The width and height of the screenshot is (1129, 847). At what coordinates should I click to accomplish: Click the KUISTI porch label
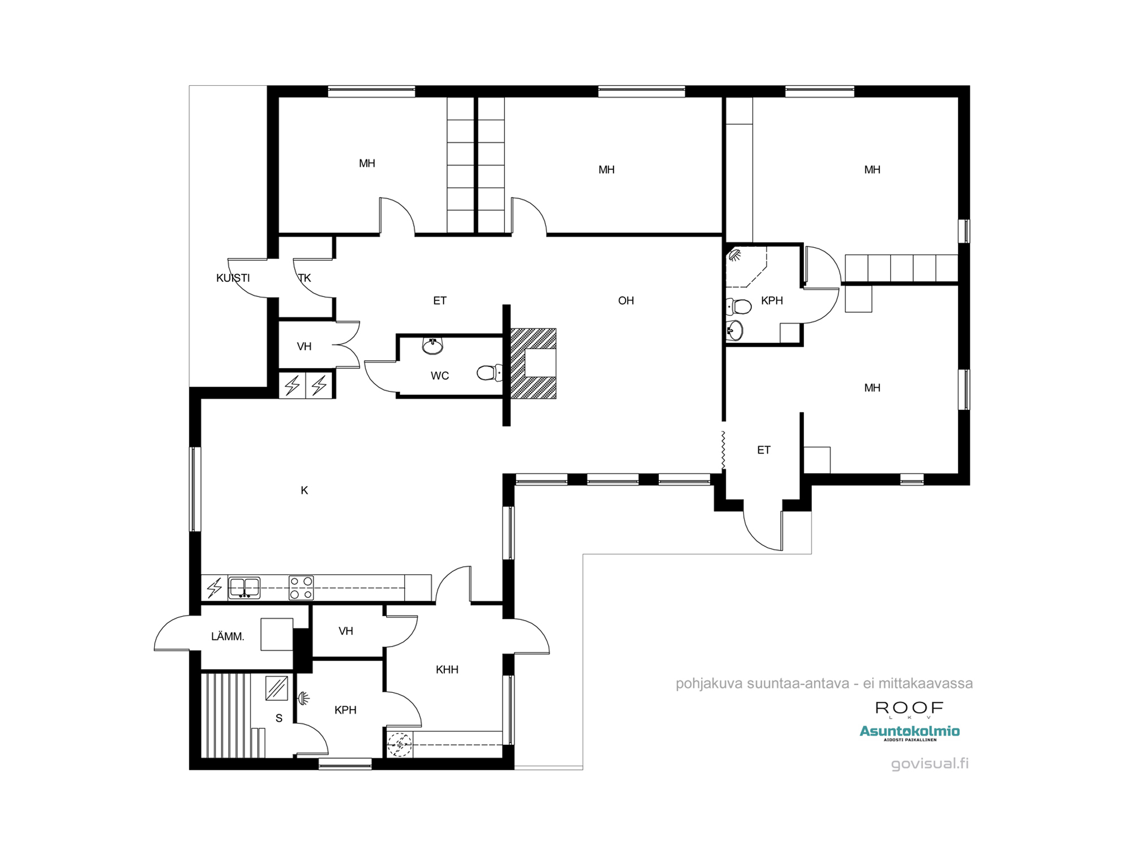(233, 278)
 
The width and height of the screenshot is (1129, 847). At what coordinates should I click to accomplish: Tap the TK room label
(304, 278)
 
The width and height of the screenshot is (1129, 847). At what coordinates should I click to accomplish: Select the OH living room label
(625, 300)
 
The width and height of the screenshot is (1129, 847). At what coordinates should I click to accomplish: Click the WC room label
(440, 376)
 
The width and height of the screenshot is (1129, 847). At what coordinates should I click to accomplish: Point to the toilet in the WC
(489, 373)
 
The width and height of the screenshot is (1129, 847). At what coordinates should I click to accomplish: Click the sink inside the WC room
(433, 346)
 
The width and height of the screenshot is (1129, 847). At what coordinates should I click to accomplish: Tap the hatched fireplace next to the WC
(533, 363)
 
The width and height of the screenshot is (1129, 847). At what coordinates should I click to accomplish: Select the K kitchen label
(304, 490)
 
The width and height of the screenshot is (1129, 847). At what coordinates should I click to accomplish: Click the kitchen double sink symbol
(244, 587)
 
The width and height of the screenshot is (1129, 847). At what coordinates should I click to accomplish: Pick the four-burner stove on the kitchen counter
(301, 587)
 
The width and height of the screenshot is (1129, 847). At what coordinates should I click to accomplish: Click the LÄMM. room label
(227, 636)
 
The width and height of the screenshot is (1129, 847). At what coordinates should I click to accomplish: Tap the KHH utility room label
(447, 670)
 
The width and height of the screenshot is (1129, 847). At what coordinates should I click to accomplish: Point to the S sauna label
(279, 718)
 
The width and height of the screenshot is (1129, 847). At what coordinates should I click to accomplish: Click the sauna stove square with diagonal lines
(277, 688)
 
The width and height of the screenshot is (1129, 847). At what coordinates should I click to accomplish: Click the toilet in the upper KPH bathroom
(738, 307)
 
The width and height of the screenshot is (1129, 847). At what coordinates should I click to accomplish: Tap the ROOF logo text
(909, 708)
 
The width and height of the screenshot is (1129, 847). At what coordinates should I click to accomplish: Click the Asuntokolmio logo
(909, 732)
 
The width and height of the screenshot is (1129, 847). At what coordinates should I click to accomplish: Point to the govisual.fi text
(930, 763)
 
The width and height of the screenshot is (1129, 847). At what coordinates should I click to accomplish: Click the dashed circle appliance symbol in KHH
(399, 745)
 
